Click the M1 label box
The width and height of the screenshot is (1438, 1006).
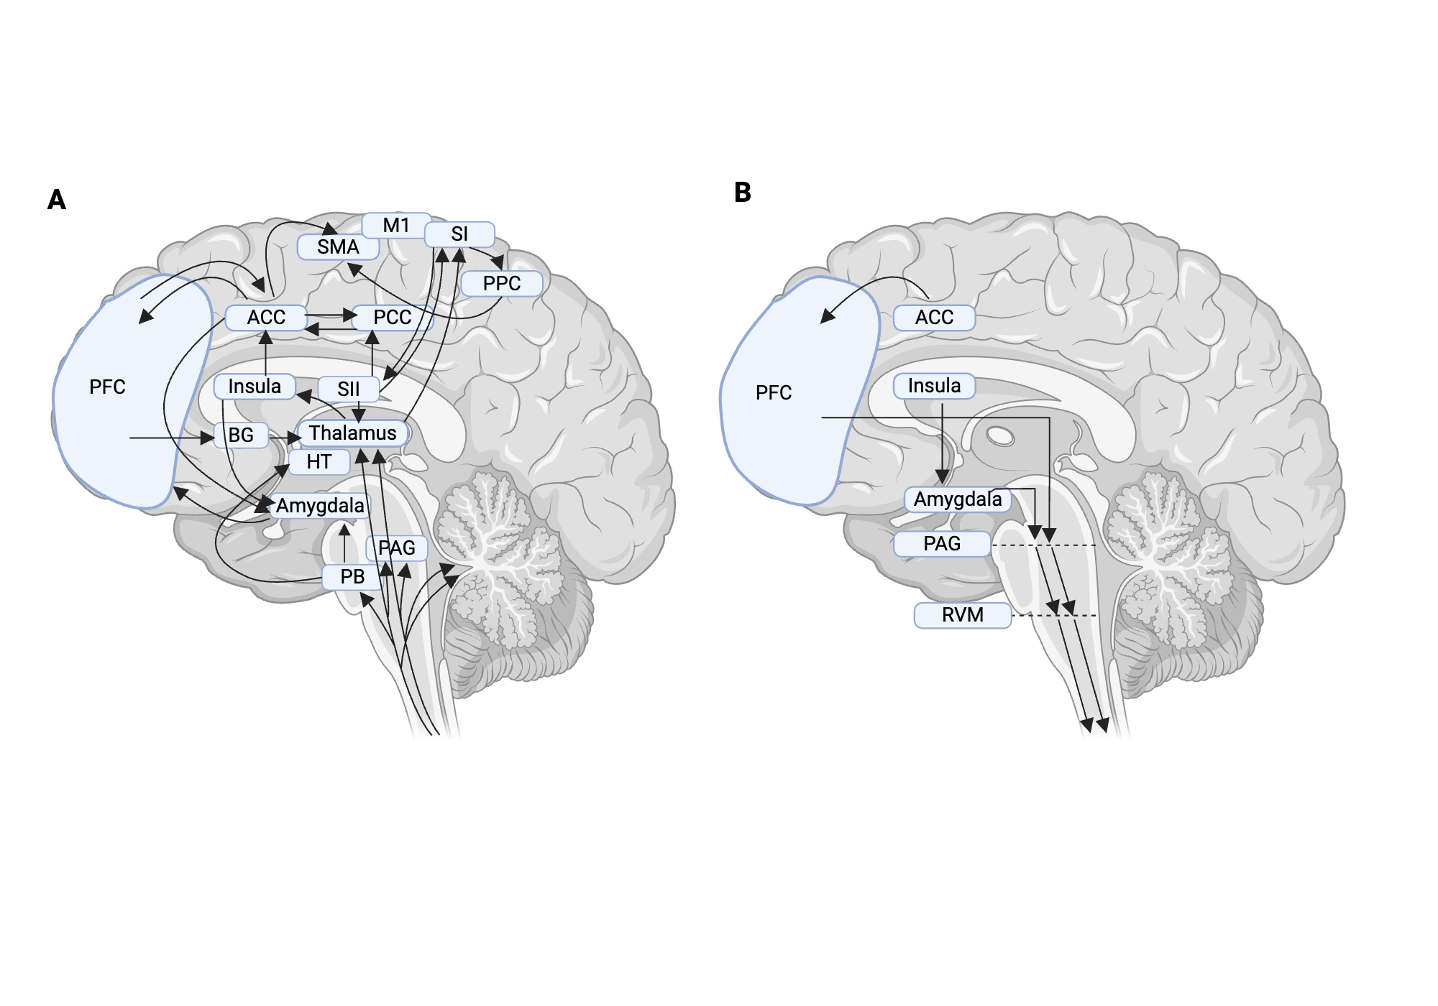click(x=396, y=225)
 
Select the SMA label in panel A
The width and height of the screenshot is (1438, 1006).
click(x=338, y=246)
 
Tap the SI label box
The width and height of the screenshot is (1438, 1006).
click(x=459, y=234)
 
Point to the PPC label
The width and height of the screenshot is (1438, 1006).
click(x=501, y=283)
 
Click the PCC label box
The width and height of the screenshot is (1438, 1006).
click(x=392, y=317)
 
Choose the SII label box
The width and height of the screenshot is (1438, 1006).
click(x=348, y=389)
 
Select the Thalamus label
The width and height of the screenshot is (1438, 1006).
click(x=352, y=433)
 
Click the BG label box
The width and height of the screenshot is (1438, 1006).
click(x=241, y=435)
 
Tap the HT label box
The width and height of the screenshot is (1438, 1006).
click(x=319, y=461)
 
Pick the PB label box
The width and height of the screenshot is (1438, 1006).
click(x=352, y=576)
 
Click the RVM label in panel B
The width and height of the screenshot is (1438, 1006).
click(x=962, y=615)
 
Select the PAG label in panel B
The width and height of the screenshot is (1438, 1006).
click(x=941, y=543)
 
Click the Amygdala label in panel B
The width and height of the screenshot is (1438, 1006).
click(x=957, y=499)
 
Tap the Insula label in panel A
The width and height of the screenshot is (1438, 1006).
click(x=254, y=386)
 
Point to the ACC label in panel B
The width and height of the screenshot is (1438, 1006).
click(x=934, y=317)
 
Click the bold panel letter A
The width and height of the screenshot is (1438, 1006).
click(x=56, y=199)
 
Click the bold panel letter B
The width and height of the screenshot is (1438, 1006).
click(x=742, y=192)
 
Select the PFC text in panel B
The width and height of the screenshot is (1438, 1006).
click(x=773, y=392)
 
